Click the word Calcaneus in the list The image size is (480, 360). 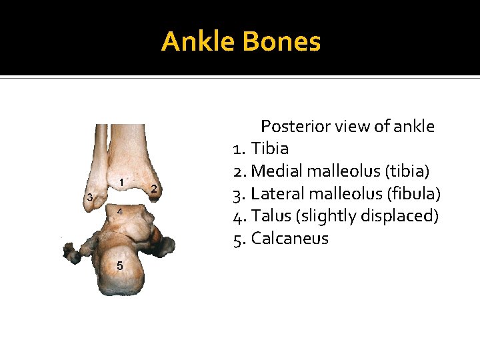[x=290, y=239]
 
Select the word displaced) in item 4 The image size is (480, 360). [x=403, y=217]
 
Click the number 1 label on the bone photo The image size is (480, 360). [x=122, y=182]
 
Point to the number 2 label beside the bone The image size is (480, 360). [x=154, y=189]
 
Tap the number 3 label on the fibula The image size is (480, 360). [x=90, y=197]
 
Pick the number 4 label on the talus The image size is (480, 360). [x=119, y=211]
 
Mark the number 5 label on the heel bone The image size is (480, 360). [x=119, y=265]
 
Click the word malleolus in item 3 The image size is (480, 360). [x=341, y=194]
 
